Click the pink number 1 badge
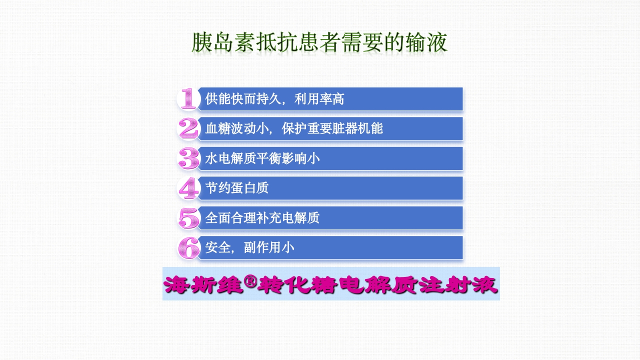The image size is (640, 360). point(188,99)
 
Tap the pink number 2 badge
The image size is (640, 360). point(188,128)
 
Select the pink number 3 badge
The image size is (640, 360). point(188,158)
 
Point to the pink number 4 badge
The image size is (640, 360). point(188,188)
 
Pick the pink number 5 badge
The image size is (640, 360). point(188,218)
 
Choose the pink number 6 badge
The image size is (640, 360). point(188,247)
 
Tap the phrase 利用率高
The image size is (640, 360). point(319,99)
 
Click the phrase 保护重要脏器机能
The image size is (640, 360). point(332,128)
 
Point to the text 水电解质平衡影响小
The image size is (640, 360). point(262,158)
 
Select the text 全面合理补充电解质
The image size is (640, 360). point(262,218)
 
